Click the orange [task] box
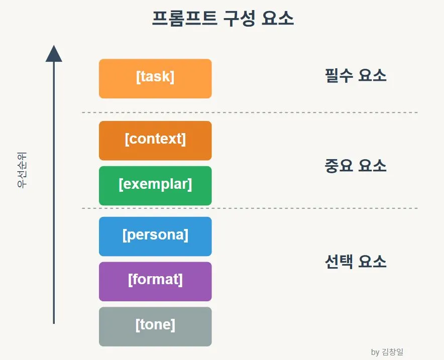[x=155, y=79]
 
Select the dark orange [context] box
[x=155, y=141]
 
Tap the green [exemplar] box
[x=155, y=186]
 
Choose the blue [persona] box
[x=155, y=236]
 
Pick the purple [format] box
[x=155, y=281]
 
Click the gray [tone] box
[x=155, y=326]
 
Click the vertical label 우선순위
[x=22, y=170]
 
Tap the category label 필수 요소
[x=356, y=76]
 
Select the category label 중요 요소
[x=356, y=166]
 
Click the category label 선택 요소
[x=356, y=261]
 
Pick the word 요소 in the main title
[x=278, y=19]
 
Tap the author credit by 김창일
[x=387, y=352]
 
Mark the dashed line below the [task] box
[x=250, y=112]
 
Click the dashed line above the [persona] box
[x=250, y=208]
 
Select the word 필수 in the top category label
[x=339, y=76]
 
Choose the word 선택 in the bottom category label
[x=339, y=261]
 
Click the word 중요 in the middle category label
[x=339, y=166]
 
